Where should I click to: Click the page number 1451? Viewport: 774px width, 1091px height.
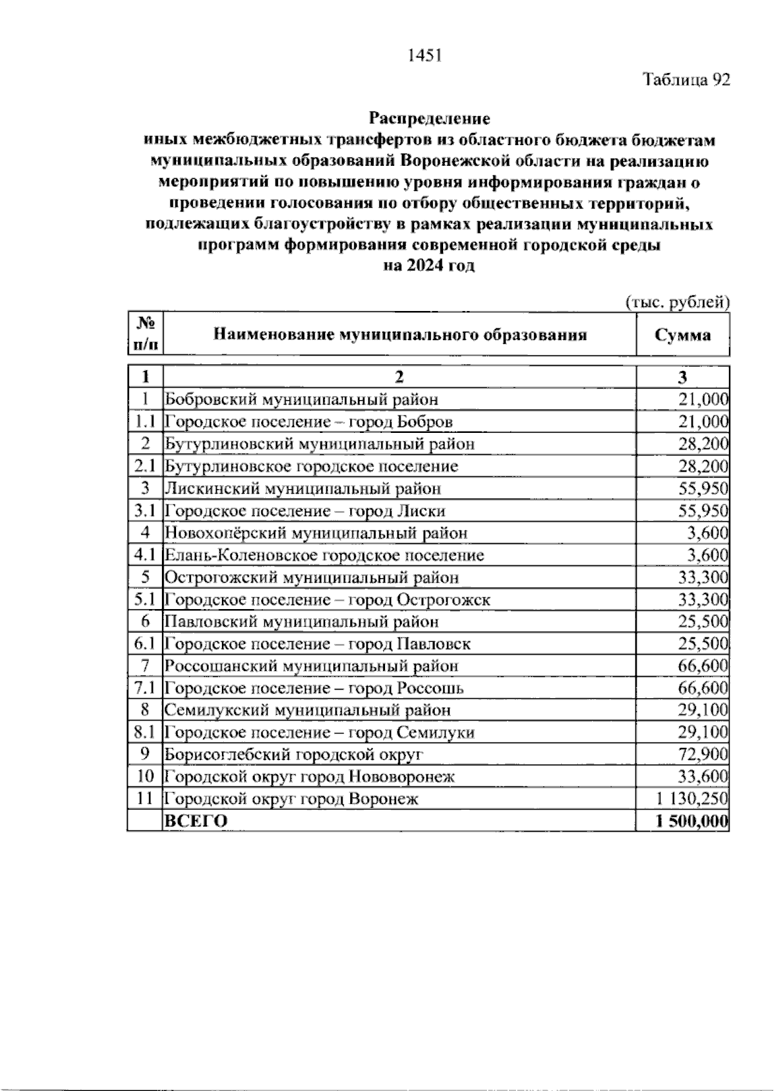tap(424, 56)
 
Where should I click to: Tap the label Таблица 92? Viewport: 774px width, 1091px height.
tap(686, 80)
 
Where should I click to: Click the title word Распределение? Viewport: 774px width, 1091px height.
tap(429, 119)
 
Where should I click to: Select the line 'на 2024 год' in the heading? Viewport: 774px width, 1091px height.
tap(429, 266)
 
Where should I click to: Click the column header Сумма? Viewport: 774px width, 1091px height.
tap(683, 335)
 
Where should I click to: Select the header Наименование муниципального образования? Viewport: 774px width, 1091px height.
tap(400, 335)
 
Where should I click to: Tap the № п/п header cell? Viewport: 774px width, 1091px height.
tap(145, 335)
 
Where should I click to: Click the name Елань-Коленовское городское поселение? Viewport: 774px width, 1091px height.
tap(324, 555)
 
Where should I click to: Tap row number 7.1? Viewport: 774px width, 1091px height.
tap(145, 688)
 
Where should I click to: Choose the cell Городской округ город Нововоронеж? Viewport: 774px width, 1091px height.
tap(310, 776)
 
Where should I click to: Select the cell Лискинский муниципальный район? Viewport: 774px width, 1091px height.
tap(303, 488)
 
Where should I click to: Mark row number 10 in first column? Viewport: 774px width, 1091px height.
tap(145, 776)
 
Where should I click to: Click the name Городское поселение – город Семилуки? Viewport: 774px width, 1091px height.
tap(320, 732)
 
